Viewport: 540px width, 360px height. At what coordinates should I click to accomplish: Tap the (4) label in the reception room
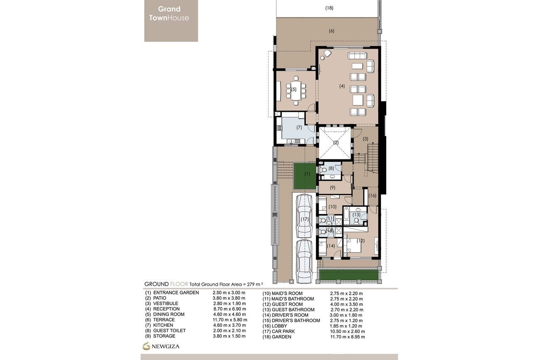coord(342,86)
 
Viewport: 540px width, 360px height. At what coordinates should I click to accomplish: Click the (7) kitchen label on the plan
coord(299,128)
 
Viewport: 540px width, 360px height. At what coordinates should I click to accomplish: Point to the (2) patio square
coord(336,143)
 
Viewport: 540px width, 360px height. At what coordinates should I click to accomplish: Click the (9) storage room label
coord(332,188)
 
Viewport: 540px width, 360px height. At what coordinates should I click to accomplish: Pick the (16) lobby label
coord(372,196)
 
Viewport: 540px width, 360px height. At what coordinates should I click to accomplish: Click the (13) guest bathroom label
coord(356,215)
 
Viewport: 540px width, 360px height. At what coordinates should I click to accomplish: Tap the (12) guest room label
coord(360,240)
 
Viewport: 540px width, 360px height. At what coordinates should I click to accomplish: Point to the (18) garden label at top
coord(329,8)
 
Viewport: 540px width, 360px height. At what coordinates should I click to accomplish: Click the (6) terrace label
coord(331,31)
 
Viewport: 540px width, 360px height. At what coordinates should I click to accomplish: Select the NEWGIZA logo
coord(161,346)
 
